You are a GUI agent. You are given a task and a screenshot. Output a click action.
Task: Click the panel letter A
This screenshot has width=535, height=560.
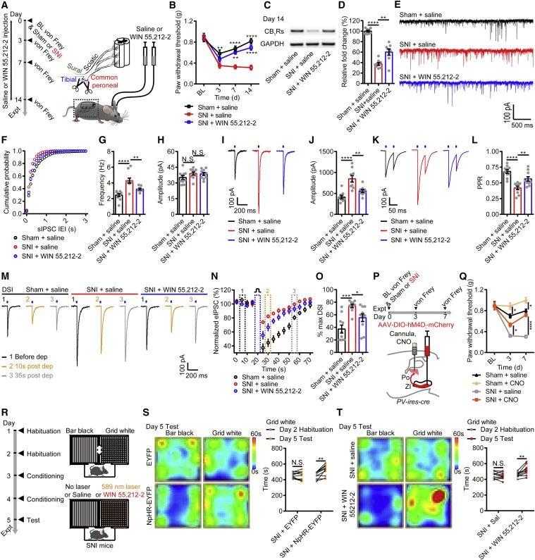pyautogui.click(x=6, y=6)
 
